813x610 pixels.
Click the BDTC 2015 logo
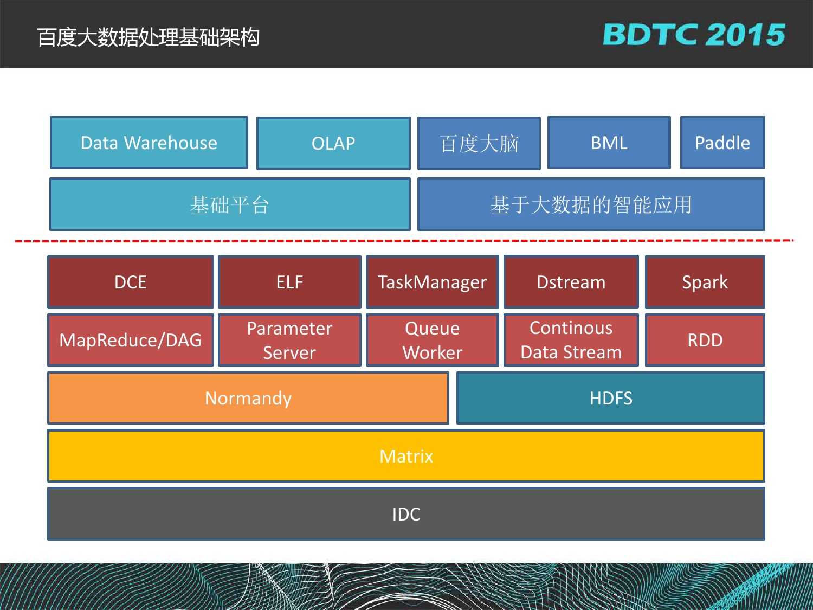click(x=694, y=34)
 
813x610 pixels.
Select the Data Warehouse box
click(x=149, y=143)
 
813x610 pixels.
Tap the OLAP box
click(x=333, y=143)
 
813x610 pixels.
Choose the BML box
click(x=609, y=143)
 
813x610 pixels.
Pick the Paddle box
click(x=722, y=143)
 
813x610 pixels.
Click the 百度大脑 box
click(x=479, y=143)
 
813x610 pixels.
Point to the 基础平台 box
click(x=230, y=204)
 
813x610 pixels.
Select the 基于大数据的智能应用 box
click(x=591, y=204)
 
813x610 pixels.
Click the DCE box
click(x=131, y=282)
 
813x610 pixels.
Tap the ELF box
click(x=289, y=282)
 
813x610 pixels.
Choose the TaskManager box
click(x=432, y=282)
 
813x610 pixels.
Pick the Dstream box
click(x=571, y=281)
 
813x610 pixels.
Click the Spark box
click(x=705, y=282)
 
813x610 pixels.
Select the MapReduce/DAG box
click(x=131, y=340)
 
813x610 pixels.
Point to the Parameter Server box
click(x=289, y=340)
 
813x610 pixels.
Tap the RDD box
click(x=705, y=340)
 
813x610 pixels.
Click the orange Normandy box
click(x=248, y=398)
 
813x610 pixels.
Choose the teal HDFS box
click(x=611, y=398)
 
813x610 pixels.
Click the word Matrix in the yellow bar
click(x=406, y=456)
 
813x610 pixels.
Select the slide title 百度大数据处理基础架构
click(x=148, y=37)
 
